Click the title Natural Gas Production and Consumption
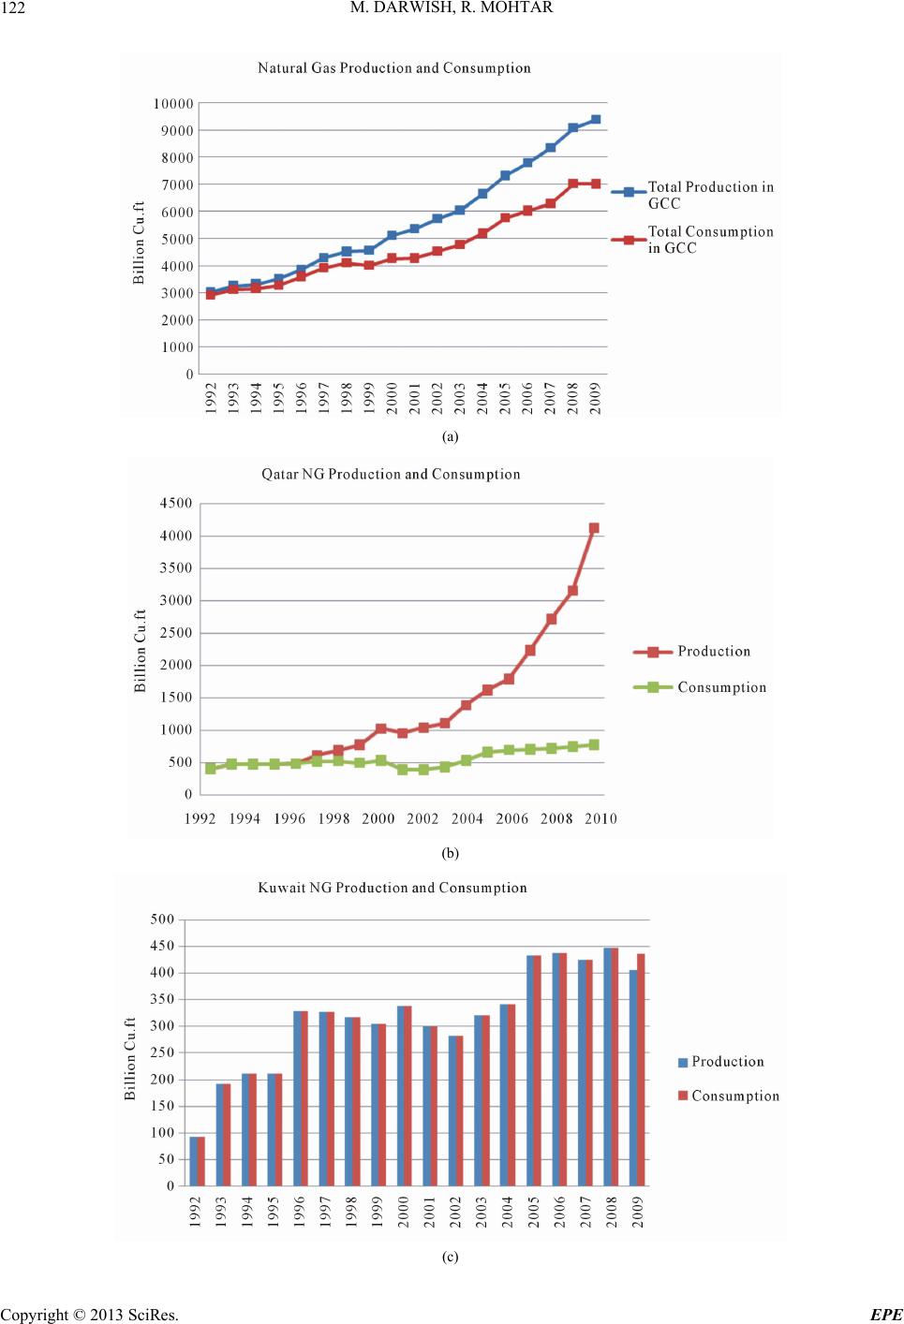tap(393, 68)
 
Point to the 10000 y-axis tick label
tap(173, 104)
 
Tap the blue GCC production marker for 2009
tap(596, 120)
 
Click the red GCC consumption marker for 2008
tap(573, 184)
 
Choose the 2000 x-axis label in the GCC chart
tap(392, 398)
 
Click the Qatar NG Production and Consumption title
tap(391, 474)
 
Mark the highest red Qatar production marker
tap(594, 528)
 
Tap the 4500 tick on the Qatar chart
tap(176, 503)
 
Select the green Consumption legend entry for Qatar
tap(700, 687)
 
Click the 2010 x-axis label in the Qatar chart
tap(600, 818)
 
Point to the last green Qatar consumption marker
tap(594, 744)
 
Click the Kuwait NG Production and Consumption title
tap(393, 888)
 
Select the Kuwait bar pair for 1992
tap(198, 1161)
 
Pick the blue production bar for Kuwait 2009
tap(633, 1078)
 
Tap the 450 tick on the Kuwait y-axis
tap(163, 947)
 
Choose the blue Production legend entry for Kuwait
tap(721, 1062)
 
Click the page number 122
tap(12, 7)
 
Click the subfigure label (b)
tap(451, 853)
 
